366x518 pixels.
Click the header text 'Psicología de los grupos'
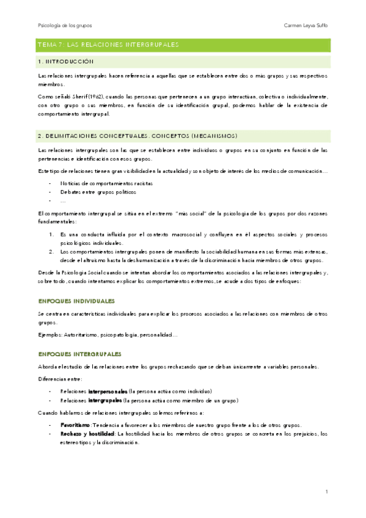click(x=65, y=26)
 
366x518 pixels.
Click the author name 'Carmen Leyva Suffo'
click(x=306, y=26)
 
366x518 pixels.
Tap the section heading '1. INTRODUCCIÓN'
click(x=65, y=62)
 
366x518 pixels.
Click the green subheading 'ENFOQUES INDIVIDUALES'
click(x=76, y=301)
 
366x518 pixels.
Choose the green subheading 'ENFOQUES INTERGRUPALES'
click(x=79, y=354)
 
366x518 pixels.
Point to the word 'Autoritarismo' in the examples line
click(x=80, y=335)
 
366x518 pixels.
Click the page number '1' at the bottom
click(x=327, y=492)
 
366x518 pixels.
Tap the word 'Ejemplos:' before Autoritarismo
click(x=49, y=335)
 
